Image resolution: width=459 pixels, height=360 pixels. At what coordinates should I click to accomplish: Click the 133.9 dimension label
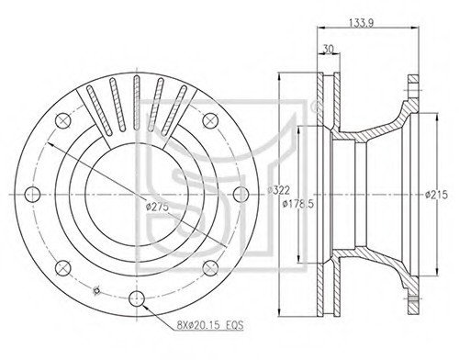(361, 23)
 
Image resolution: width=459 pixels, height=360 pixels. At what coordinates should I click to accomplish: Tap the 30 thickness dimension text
(328, 49)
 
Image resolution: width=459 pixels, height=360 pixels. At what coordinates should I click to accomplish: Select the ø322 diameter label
(278, 190)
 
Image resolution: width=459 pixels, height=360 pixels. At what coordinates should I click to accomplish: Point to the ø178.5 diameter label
(298, 204)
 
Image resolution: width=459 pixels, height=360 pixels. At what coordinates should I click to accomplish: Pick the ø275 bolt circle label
(157, 208)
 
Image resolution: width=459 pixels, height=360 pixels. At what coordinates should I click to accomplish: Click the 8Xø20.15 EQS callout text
(210, 325)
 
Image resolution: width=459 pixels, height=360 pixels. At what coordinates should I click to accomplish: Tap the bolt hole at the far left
(32, 195)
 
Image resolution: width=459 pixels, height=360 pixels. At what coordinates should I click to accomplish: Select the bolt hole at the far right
(241, 195)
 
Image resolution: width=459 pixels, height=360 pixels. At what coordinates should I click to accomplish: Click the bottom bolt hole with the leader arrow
(137, 298)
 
